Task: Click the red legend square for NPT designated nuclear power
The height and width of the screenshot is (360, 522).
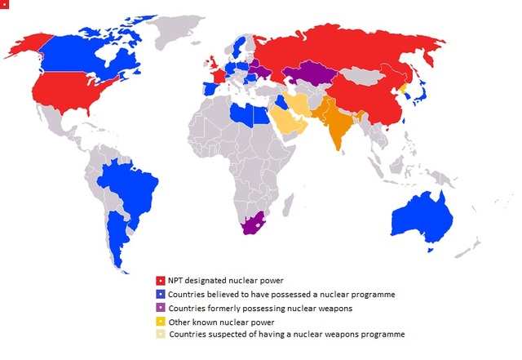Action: click(161, 281)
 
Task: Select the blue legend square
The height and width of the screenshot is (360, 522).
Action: click(161, 294)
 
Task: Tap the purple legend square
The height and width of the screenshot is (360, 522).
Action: click(161, 307)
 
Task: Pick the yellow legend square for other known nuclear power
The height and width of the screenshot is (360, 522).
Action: click(161, 321)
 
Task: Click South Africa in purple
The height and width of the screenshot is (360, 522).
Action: click(248, 224)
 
